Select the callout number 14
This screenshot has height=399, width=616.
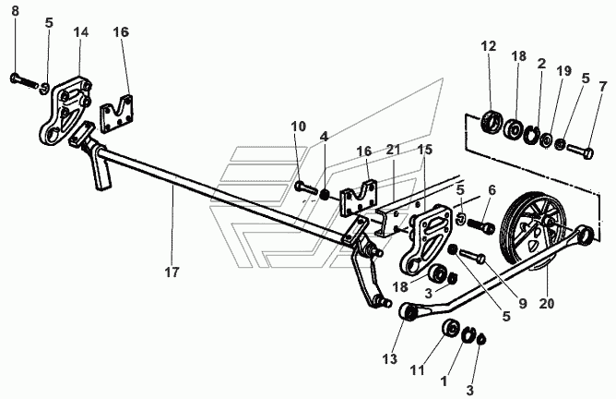[x=81, y=31]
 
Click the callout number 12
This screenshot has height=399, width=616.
[x=488, y=46]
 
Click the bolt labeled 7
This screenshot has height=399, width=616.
[x=579, y=148]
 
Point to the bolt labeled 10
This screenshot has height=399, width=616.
[x=306, y=189]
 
